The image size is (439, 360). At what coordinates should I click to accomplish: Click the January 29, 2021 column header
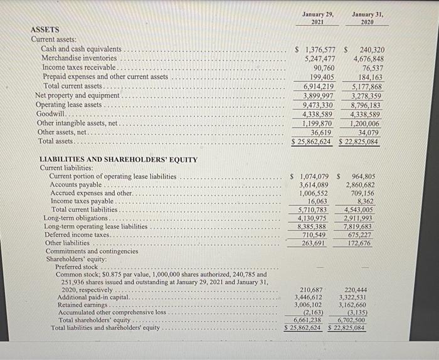coord(318,17)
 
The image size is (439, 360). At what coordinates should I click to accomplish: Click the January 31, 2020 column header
coord(367,17)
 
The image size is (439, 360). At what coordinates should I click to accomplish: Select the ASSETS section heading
coord(45,29)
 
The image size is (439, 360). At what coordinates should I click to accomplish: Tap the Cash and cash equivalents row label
coord(81,48)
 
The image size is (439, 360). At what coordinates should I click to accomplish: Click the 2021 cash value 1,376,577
coord(319,49)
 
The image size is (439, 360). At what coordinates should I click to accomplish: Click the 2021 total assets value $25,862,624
coord(312,142)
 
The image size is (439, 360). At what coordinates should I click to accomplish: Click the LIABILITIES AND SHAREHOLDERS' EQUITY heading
coord(119,159)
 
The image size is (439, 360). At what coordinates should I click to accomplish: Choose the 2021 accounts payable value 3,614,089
coord(314,185)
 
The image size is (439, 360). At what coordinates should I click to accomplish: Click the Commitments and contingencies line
coord(92,251)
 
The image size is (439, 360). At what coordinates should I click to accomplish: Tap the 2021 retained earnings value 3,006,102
coord(309,304)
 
